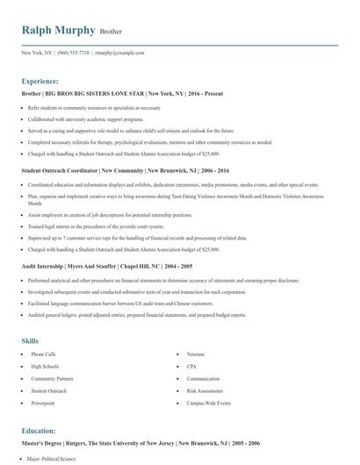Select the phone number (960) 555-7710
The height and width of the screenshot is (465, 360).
(73, 53)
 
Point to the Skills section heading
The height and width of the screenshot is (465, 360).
(31, 340)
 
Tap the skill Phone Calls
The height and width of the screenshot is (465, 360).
(43, 354)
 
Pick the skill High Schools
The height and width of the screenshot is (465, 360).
(44, 366)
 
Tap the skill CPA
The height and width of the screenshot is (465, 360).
(192, 366)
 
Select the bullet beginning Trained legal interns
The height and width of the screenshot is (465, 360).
(83, 225)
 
